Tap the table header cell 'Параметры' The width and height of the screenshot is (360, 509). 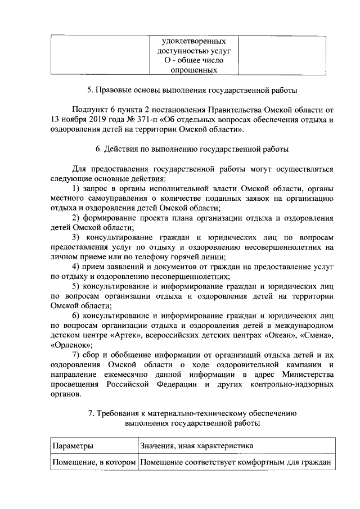click(73, 446)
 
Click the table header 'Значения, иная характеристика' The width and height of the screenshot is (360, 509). click(196, 446)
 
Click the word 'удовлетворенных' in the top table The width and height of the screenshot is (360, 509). click(194, 42)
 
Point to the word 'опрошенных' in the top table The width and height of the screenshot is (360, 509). click(194, 70)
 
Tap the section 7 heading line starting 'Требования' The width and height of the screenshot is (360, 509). click(192, 413)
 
